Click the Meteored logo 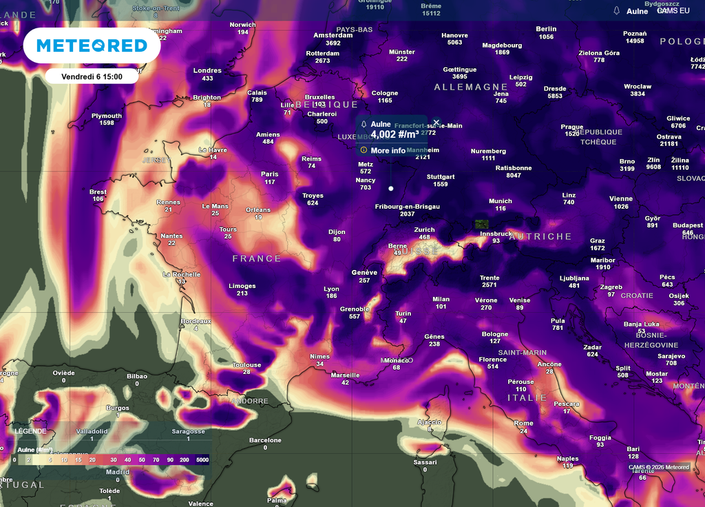point(92,46)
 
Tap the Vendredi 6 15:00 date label point(92,76)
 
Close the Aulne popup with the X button point(436,123)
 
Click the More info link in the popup point(388,150)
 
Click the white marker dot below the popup point(391,188)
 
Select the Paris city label point(270,174)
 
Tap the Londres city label point(207,71)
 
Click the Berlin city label point(546,30)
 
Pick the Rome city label point(523,424)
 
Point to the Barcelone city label point(265,440)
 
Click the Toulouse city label point(246,365)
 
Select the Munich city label point(501,201)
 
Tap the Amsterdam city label point(333,35)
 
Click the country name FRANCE point(257,259)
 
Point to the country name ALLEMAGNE point(471,87)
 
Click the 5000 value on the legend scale point(202,459)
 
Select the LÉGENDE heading point(31,431)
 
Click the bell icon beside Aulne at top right point(617,10)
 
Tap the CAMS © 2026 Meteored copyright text point(659,467)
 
